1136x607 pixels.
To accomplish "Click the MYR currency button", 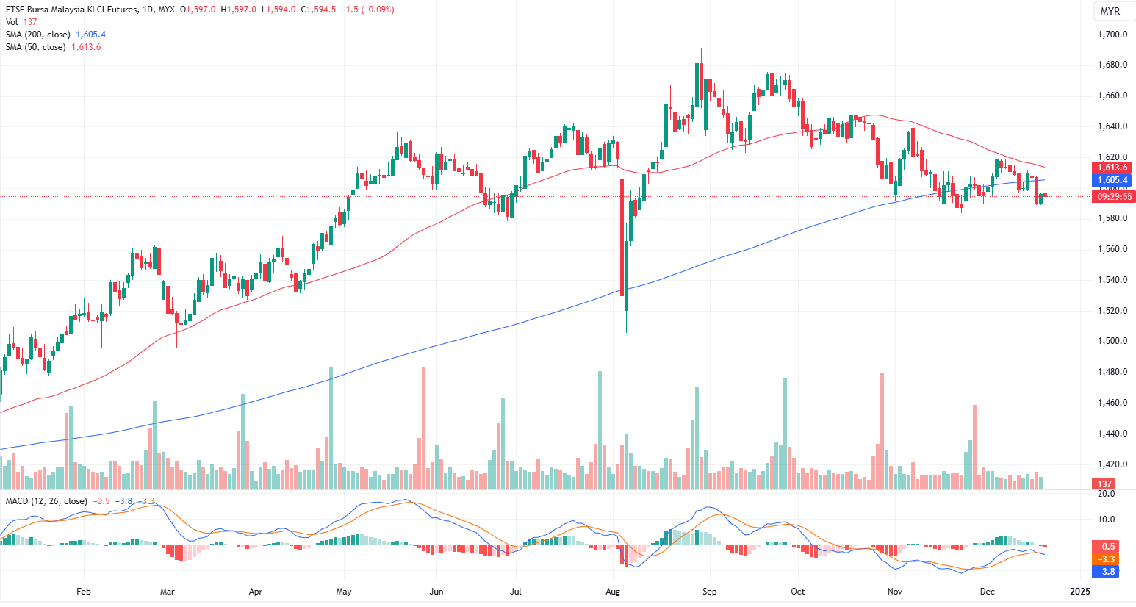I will tap(1110, 11).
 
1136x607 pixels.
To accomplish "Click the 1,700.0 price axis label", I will tap(1112, 35).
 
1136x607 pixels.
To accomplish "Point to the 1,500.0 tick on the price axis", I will tap(1112, 341).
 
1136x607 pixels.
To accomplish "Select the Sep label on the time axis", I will tap(709, 591).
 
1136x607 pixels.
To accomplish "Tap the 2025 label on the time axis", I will tap(1080, 591).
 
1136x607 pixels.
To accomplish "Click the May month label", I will tap(343, 591).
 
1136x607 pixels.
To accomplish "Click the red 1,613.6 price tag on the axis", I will tap(1113, 168).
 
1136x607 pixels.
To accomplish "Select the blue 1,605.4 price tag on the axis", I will tap(1113, 180).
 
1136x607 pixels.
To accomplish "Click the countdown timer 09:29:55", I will tap(1114, 197).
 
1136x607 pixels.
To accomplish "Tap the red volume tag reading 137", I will tap(1104, 484).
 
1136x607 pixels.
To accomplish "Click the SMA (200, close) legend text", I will tap(38, 35).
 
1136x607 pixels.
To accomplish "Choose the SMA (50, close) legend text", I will tap(36, 47).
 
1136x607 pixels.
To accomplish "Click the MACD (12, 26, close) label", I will tap(46, 501).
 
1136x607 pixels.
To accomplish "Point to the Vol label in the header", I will tap(12, 22).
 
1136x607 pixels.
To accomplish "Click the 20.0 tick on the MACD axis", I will tap(1106, 494).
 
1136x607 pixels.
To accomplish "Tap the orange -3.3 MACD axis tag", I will tap(1107, 559).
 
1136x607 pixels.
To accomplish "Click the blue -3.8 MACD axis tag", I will tap(1107, 571).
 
